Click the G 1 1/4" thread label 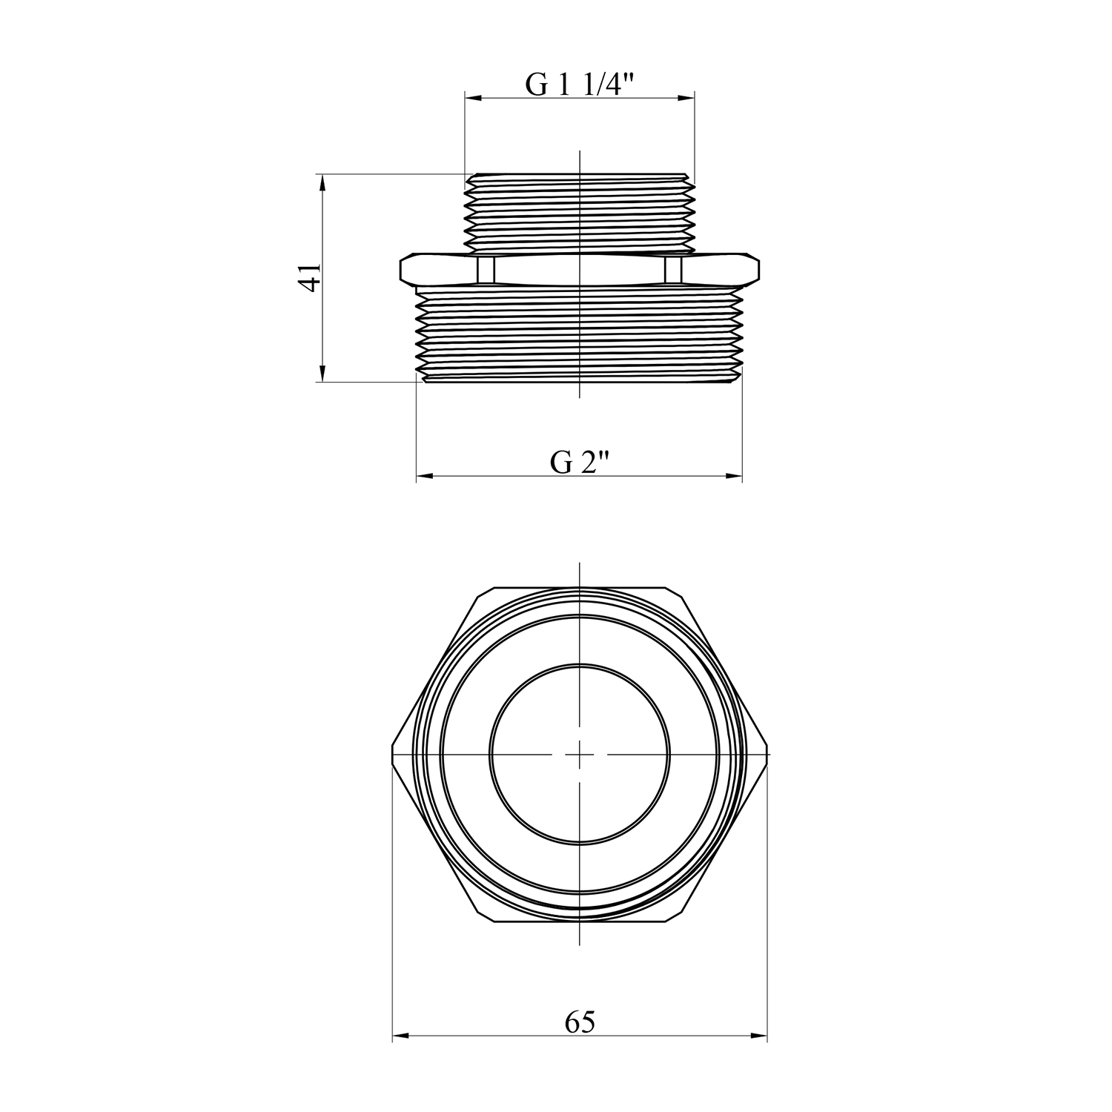580,85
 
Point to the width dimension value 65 580,1022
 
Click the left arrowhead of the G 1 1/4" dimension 474,97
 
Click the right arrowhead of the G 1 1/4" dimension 686,97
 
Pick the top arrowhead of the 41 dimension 322,184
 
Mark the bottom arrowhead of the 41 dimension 322,373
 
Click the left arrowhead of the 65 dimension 401,1036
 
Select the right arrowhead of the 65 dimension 758,1036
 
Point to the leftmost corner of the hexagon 393,755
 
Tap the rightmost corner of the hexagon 767,755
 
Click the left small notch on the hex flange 486,270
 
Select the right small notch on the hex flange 674,270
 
